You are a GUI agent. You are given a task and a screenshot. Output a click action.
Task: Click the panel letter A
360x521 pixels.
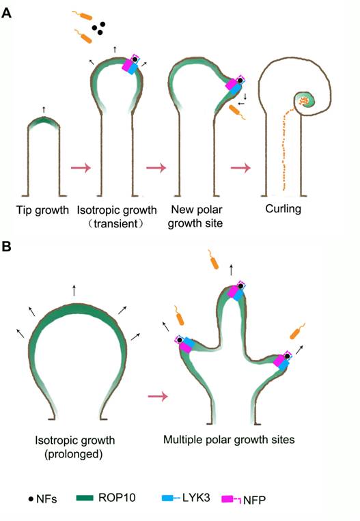tap(6, 13)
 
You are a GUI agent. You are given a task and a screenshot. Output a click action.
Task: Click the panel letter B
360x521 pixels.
tap(7, 247)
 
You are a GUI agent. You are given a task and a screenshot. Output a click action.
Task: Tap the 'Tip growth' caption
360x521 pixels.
tap(42, 210)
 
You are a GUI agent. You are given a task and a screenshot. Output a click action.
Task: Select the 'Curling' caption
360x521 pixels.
tap(283, 209)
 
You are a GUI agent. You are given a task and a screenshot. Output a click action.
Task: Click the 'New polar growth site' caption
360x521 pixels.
tap(195, 216)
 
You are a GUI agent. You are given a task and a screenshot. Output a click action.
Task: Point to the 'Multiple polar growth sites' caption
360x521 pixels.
tap(229, 440)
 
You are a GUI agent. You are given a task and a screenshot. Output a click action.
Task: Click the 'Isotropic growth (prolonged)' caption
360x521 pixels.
tap(74, 447)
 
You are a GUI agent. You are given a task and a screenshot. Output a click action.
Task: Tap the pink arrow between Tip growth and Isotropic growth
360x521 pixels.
tap(81, 167)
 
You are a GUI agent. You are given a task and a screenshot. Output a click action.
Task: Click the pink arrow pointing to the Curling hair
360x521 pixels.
tap(240, 167)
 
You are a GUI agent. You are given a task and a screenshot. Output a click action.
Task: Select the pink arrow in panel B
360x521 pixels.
tap(158, 396)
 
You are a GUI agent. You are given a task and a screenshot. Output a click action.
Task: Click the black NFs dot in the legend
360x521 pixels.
tap(31, 498)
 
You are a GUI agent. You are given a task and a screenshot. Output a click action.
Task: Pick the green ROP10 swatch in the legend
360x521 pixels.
tap(85, 498)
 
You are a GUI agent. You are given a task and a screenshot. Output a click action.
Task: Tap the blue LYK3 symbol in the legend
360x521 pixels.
tap(171, 498)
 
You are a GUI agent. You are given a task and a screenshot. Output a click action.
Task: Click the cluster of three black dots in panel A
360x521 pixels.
tap(99, 29)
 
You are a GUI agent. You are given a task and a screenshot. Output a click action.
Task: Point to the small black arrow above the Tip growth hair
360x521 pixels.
tap(44, 110)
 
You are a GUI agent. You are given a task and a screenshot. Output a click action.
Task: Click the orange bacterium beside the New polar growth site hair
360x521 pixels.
tap(237, 112)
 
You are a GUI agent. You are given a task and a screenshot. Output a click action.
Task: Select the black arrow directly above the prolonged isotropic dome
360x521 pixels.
tap(74, 290)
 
